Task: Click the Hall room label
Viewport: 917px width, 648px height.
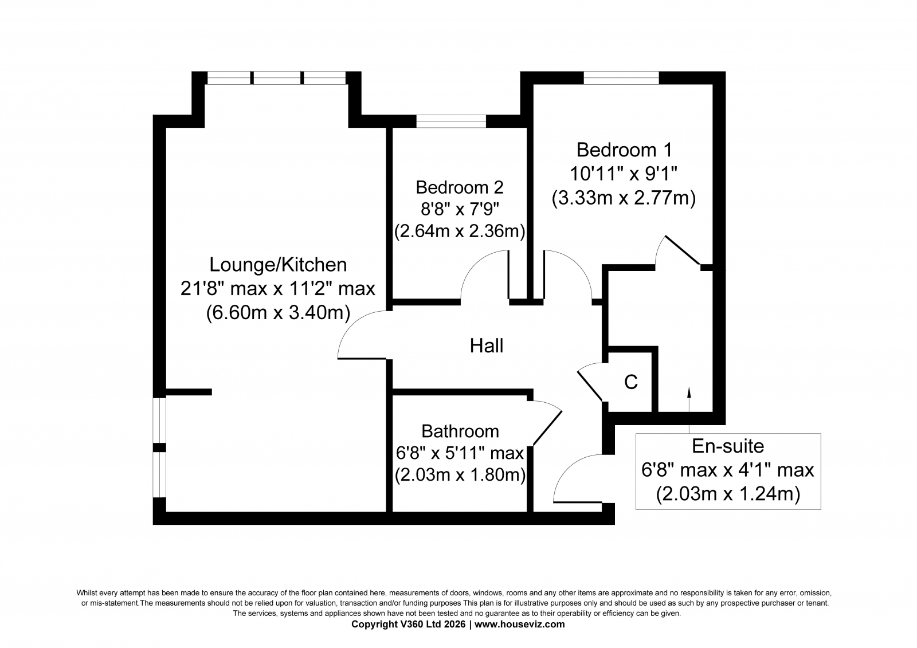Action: point(487,345)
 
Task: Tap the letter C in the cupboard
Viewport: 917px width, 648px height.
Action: point(630,382)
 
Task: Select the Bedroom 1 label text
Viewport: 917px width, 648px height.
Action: point(624,150)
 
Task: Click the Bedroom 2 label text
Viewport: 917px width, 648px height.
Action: point(459,187)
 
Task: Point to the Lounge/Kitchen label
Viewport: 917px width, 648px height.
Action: point(278,265)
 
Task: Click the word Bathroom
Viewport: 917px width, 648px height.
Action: point(460,431)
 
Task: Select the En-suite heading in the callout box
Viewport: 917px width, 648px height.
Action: point(728,446)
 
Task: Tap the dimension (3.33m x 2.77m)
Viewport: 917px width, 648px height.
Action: point(624,198)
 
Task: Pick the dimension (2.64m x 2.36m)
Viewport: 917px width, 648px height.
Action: point(459,231)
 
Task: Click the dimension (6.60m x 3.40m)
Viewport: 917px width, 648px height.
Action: point(278,313)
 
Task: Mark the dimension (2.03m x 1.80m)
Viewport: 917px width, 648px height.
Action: point(460,475)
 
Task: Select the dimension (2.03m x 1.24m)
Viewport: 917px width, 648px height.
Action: point(728,493)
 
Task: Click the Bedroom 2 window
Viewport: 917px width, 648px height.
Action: point(451,121)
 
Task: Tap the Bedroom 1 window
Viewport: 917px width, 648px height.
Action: point(621,77)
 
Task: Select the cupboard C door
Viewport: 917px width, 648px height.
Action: point(590,384)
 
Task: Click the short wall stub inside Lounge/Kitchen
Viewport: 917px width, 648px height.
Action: point(189,392)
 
